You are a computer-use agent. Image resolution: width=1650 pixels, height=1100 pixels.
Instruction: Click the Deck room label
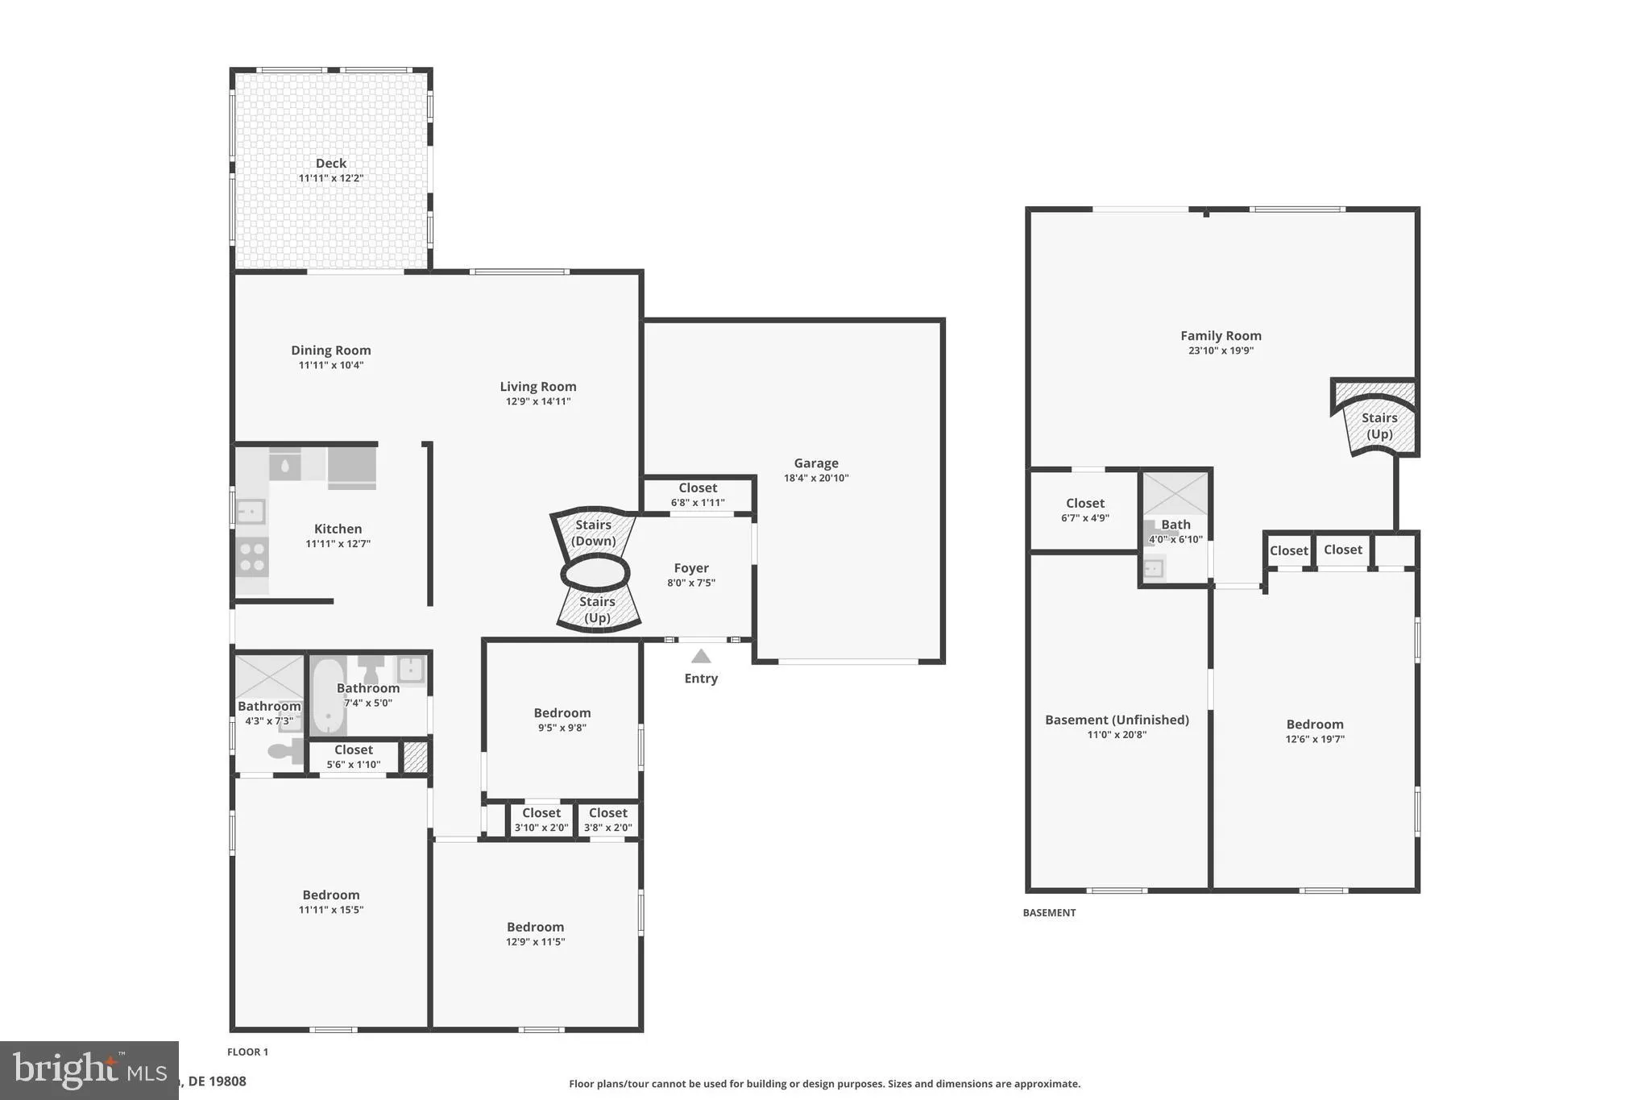click(x=330, y=164)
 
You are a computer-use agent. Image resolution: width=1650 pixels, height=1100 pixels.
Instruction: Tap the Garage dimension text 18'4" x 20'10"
click(x=816, y=478)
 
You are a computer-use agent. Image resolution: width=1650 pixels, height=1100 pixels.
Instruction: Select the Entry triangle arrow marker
click(x=701, y=657)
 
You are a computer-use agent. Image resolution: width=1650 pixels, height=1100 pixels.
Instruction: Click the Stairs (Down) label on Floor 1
click(x=593, y=533)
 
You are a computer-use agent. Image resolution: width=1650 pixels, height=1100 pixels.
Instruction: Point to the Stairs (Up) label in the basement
click(x=1378, y=425)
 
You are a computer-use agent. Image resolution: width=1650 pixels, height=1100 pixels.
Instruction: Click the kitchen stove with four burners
click(x=252, y=557)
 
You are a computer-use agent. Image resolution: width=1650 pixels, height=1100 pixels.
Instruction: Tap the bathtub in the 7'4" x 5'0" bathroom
click(x=328, y=696)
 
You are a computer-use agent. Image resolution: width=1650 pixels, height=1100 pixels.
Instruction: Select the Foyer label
click(x=691, y=568)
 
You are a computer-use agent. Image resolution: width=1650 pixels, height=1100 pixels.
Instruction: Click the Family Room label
click(x=1221, y=336)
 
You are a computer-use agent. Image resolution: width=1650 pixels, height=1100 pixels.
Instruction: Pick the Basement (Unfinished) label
click(x=1117, y=720)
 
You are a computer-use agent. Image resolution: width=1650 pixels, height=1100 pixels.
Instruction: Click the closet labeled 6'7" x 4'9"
click(x=1084, y=510)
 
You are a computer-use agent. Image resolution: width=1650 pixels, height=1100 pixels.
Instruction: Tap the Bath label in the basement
click(x=1175, y=525)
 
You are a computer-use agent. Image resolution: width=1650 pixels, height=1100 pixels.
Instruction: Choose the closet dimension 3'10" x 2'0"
click(x=541, y=828)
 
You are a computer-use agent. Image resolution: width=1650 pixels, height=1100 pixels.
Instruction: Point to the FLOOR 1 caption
click(x=247, y=1052)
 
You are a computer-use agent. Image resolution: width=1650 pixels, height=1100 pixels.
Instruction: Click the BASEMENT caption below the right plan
click(x=1049, y=913)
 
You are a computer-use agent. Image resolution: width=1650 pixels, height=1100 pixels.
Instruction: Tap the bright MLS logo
click(x=89, y=1070)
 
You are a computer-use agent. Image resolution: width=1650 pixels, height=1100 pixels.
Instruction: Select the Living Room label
click(x=537, y=387)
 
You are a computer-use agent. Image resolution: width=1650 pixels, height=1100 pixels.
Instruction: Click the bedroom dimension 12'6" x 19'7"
click(x=1315, y=739)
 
